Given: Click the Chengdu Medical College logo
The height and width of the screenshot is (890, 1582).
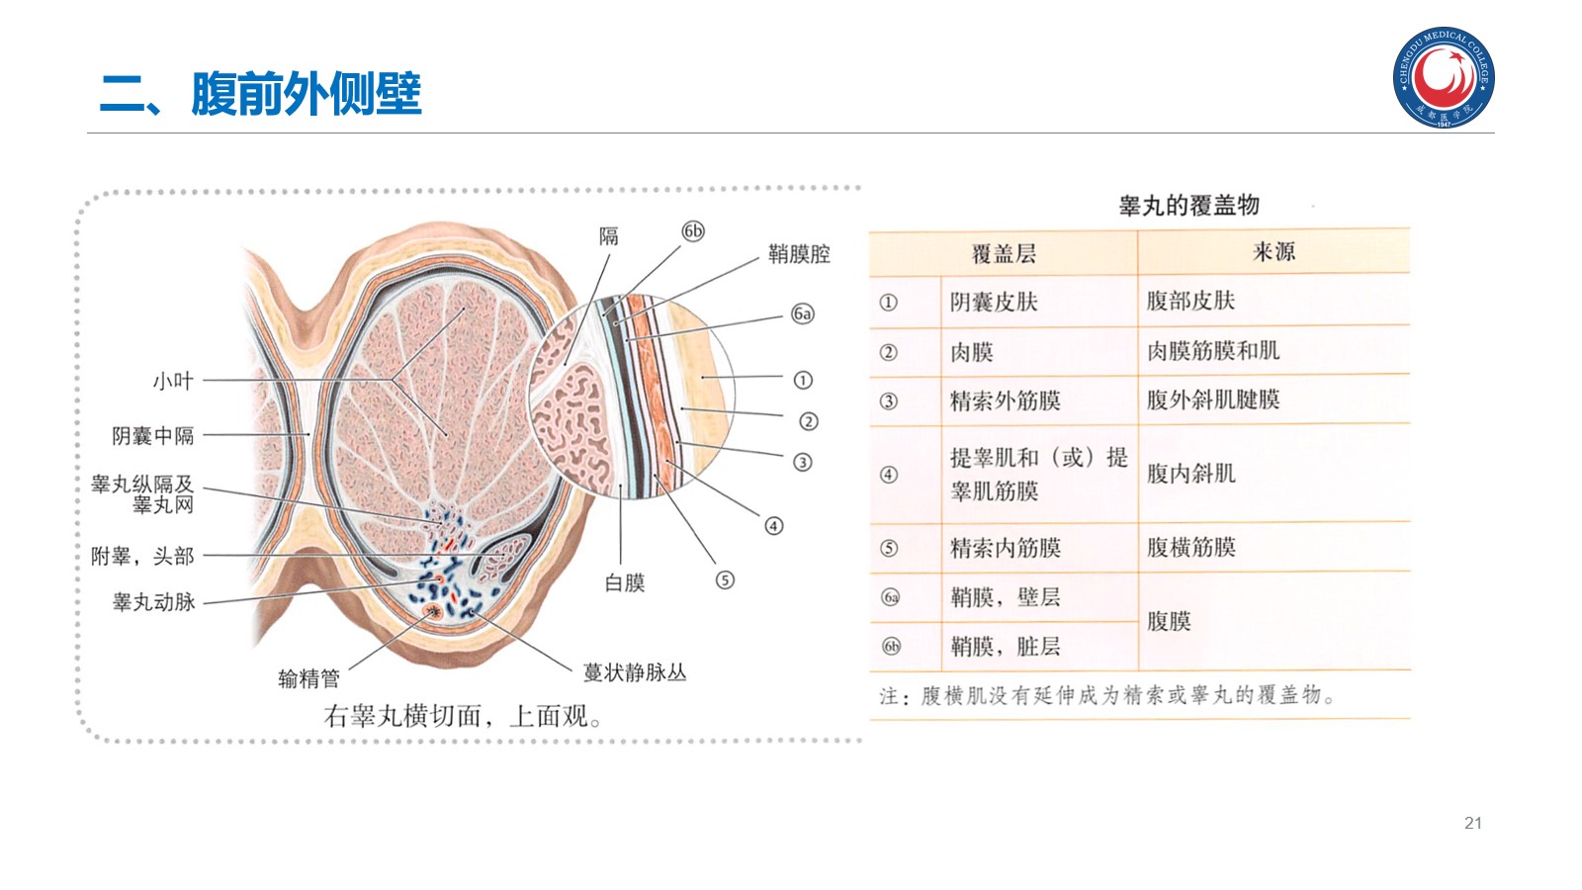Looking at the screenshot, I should pos(1444,77).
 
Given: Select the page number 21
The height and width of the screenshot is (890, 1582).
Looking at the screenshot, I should pos(1472,823).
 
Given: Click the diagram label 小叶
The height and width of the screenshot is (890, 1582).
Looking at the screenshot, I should pos(173,381).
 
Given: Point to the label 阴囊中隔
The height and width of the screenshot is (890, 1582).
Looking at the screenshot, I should pos(153,435).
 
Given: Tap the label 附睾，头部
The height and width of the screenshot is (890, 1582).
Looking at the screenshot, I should pos(142,556).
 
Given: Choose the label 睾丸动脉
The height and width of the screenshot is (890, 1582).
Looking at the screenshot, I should pos(154,602).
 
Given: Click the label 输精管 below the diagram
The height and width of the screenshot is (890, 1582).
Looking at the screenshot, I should pos(308,678).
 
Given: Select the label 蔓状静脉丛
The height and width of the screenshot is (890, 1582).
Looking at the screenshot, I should pos(634,672).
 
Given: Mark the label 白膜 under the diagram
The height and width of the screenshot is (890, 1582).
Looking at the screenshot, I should pos(624,583).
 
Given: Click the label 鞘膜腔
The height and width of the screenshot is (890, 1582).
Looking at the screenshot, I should pos(799,254).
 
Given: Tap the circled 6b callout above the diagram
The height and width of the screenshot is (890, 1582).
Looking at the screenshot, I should pos(693,230).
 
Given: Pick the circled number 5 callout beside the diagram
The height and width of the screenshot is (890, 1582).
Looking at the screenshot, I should pos(725,579).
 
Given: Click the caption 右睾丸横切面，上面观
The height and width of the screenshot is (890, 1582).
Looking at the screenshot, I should pos(462,716).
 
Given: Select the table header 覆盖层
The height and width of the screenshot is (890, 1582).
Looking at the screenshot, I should pos(1004,254).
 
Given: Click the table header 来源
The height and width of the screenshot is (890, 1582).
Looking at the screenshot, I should pos(1274,252).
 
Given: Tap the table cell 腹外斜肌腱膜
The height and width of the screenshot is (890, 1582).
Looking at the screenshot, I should pos(1213,400).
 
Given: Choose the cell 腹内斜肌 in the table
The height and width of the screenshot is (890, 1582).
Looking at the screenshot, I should pos(1190,474).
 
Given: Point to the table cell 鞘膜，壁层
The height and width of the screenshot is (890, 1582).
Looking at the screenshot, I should pos(1005,597).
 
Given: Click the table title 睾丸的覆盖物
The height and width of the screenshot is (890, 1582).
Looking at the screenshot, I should pos(1188,206).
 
